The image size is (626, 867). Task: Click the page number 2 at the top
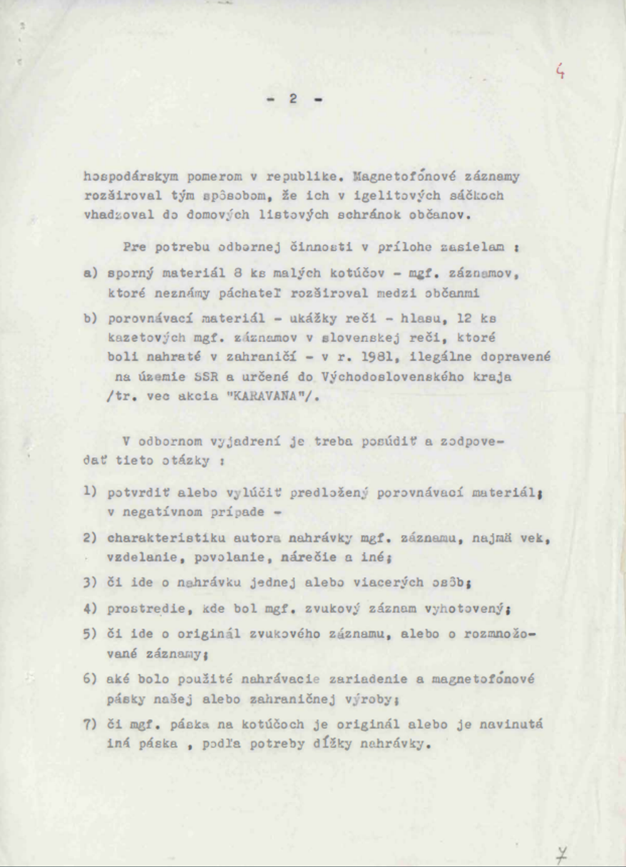(x=293, y=98)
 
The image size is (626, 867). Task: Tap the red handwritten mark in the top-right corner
(x=561, y=72)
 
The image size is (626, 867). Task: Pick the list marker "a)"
(x=90, y=273)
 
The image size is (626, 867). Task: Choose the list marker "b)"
(x=90, y=318)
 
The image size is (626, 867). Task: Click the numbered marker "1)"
(x=90, y=492)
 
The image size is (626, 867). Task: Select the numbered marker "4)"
(x=90, y=608)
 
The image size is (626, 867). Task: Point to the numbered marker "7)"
(x=90, y=724)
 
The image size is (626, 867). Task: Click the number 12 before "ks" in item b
(x=463, y=318)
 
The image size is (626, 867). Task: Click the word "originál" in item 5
(x=208, y=634)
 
